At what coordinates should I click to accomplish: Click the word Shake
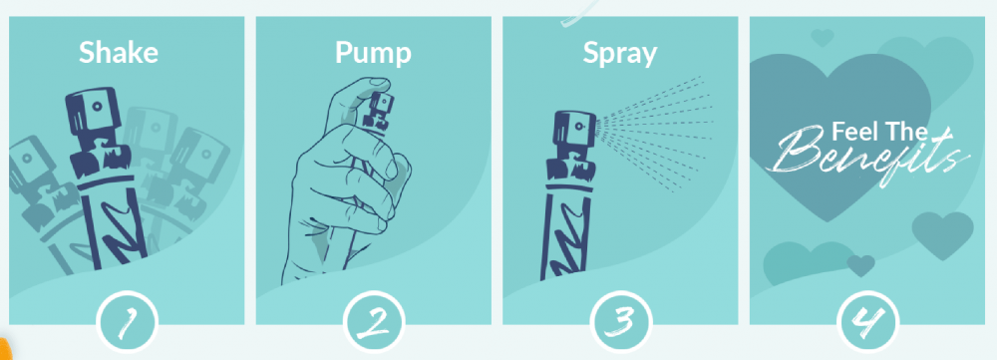click(x=119, y=52)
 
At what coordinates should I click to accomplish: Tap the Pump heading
click(x=373, y=54)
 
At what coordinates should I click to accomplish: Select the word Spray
click(x=620, y=54)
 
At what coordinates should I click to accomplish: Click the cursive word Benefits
click(x=868, y=156)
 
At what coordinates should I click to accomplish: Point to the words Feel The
click(x=879, y=133)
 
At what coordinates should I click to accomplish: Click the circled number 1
click(x=128, y=322)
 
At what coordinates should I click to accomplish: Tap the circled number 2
click(x=374, y=322)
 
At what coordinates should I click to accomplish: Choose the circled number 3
click(x=620, y=322)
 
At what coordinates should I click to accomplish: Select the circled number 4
click(x=868, y=322)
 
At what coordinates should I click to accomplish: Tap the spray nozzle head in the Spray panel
click(x=574, y=132)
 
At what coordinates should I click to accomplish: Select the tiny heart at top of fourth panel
click(x=823, y=38)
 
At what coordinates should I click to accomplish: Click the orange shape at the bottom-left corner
click(x=5, y=349)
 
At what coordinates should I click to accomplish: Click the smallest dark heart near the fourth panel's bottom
click(x=861, y=265)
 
